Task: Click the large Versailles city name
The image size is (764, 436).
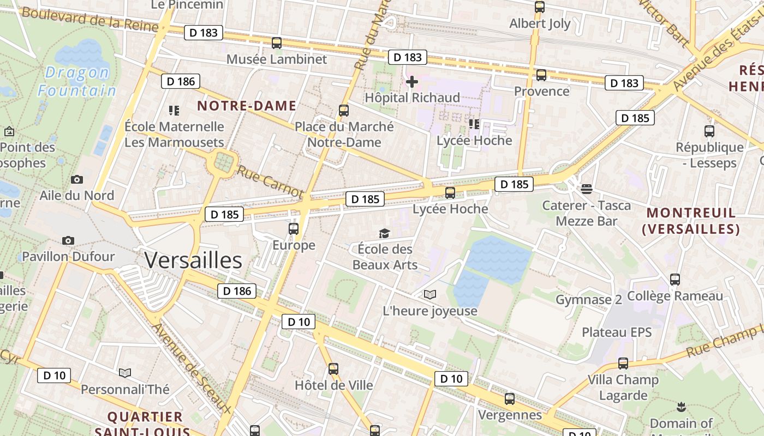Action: [193, 261]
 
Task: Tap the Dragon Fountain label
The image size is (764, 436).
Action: [77, 81]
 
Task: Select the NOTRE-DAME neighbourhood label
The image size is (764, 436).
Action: [247, 106]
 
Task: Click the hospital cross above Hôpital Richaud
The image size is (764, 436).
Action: [412, 82]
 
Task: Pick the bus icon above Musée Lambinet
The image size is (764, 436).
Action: [277, 43]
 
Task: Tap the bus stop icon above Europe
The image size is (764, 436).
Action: [294, 229]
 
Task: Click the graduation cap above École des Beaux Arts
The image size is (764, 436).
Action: [385, 233]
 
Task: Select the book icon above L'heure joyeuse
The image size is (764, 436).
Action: [430, 295]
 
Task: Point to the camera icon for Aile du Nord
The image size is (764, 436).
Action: [77, 179]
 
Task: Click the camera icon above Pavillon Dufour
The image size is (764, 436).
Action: [68, 240]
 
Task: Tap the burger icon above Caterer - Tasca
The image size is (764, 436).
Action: [587, 189]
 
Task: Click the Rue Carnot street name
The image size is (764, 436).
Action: [270, 181]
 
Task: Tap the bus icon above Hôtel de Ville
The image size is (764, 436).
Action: [333, 369]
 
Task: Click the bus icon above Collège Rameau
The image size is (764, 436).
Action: [675, 280]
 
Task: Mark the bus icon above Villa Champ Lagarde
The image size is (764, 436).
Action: [623, 364]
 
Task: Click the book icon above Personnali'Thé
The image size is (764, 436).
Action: [125, 373]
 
